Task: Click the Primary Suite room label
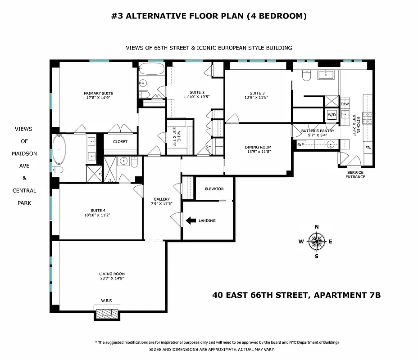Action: pyautogui.click(x=98, y=93)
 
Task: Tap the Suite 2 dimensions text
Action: pyautogui.click(x=197, y=97)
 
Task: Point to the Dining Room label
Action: pyautogui.click(x=258, y=147)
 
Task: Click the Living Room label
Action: pyautogui.click(x=112, y=274)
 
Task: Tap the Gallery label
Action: pyautogui.click(x=161, y=199)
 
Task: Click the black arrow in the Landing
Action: pyautogui.click(x=191, y=220)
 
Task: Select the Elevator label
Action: pyautogui.click(x=214, y=189)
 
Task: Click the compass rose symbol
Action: pyautogui.click(x=317, y=242)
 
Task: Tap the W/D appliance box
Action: pyautogui.click(x=332, y=114)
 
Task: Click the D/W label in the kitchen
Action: pyautogui.click(x=345, y=104)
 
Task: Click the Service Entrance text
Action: pyautogui.click(x=355, y=175)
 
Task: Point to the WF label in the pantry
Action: pyautogui.click(x=300, y=144)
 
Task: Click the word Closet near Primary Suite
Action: pyautogui.click(x=120, y=142)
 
